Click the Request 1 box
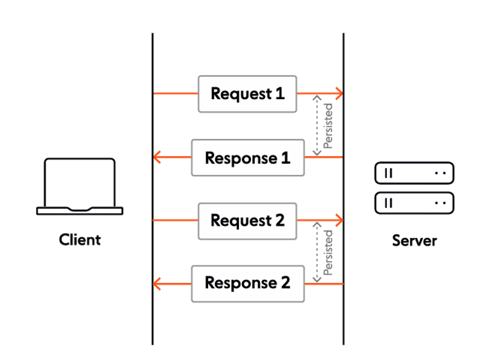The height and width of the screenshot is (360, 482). [x=247, y=94]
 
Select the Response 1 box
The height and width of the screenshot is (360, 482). [x=248, y=158]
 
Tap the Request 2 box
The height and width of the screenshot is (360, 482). [x=247, y=221]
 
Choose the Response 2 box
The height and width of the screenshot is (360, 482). [x=248, y=283]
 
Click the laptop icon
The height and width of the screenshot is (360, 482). [x=80, y=187]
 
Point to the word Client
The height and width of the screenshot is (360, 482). [x=80, y=240]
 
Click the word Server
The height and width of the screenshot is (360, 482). [x=414, y=240]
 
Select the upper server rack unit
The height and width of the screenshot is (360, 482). [x=414, y=173]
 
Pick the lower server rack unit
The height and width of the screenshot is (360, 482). [x=414, y=203]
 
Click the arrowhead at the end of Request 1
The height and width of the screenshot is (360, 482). [x=340, y=93]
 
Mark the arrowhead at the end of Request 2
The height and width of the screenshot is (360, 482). [x=340, y=220]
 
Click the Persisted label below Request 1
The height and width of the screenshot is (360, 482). [x=328, y=126]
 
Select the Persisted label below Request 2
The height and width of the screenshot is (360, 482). [x=328, y=252]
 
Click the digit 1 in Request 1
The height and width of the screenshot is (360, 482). [x=280, y=93]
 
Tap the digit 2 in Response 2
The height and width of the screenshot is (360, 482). [x=285, y=283]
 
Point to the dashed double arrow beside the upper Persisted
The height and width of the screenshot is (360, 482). [x=317, y=125]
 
